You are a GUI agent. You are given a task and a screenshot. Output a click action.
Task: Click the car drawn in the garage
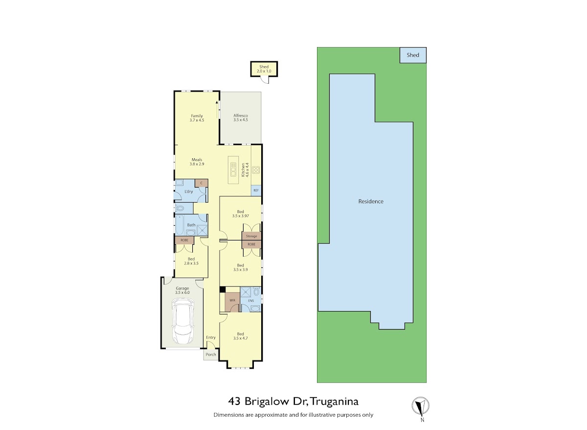[x=182, y=322]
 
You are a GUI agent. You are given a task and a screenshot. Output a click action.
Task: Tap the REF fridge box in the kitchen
[x=256, y=191]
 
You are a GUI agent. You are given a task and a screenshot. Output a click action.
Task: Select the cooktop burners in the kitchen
[x=256, y=170]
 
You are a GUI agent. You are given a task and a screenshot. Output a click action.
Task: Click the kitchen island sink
[x=233, y=169]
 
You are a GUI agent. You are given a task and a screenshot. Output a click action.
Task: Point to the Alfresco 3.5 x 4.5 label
[x=241, y=118]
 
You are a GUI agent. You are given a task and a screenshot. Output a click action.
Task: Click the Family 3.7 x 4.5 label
[x=197, y=118]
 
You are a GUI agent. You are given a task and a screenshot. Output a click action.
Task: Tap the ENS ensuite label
[x=251, y=301]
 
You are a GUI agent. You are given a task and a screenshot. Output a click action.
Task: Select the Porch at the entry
[x=211, y=355]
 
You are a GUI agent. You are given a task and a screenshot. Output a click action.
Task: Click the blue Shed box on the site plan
[x=413, y=55]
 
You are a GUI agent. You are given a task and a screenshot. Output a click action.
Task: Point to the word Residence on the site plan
[x=371, y=201]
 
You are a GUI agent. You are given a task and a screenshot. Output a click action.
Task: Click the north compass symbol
[x=420, y=406]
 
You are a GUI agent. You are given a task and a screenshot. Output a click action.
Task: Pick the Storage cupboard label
[x=251, y=236]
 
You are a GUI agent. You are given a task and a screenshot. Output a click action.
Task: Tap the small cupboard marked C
[x=201, y=183]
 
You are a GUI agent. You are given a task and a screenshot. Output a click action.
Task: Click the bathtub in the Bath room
[x=180, y=225]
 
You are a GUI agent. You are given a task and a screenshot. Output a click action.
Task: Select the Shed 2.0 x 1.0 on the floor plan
[x=264, y=69]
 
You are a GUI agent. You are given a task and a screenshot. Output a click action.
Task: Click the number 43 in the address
[x=234, y=402]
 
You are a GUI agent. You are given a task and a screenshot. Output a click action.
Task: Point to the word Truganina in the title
[x=335, y=402]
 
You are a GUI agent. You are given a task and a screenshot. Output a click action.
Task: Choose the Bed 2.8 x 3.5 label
[x=191, y=261]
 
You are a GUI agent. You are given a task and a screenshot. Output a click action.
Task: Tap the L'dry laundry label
[x=189, y=191]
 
